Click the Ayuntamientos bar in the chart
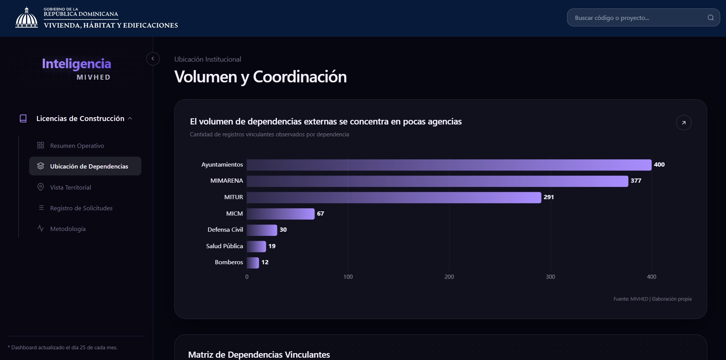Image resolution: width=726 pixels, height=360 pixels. point(449,165)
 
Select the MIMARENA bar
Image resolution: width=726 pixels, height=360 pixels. point(438,181)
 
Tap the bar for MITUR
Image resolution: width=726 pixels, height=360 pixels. point(394,197)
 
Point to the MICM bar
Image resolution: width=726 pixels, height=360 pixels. point(280,214)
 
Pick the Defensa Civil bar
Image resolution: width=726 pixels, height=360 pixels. point(262,230)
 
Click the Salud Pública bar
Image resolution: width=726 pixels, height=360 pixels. point(256,246)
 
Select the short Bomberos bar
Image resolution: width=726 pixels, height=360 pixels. point(253,263)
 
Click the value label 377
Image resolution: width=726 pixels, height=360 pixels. point(636,181)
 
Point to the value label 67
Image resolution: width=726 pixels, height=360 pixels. point(321,214)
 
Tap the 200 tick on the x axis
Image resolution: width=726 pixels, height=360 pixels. point(449,277)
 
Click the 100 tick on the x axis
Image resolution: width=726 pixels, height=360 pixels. point(348,277)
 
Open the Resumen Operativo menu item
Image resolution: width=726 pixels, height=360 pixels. point(77,146)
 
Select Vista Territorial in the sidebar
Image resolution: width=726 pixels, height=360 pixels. point(70,187)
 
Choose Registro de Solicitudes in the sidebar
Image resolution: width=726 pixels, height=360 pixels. point(81,208)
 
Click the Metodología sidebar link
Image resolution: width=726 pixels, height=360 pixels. point(68,229)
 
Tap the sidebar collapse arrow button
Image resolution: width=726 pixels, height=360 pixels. point(153,59)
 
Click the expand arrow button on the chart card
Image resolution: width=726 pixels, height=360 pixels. point(684,123)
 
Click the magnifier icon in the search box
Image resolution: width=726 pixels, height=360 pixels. point(711,18)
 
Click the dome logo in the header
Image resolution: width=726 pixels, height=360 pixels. point(26,18)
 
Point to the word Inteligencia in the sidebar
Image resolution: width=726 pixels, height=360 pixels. point(77,64)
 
